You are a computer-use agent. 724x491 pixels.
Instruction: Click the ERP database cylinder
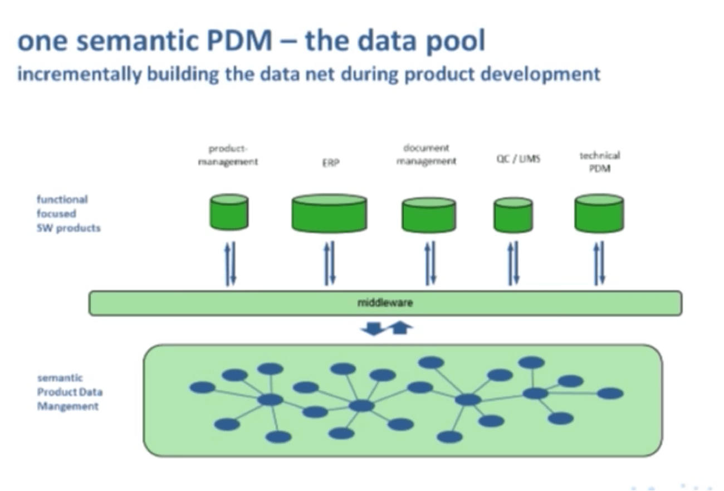coord(329,214)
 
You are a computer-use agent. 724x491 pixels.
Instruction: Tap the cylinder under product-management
coord(229,212)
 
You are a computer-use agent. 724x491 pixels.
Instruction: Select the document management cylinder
coord(429,215)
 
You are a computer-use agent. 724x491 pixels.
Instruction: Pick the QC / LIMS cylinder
coord(513,215)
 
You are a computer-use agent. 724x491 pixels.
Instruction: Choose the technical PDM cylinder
coord(599,214)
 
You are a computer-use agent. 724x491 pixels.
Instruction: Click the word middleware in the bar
coord(385,303)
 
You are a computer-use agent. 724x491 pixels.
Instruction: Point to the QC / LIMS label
coord(518,159)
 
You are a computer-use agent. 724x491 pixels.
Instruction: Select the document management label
coord(427,155)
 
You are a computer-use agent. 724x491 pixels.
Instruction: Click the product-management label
coord(228,155)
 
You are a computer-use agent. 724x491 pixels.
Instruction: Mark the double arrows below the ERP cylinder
coord(330,263)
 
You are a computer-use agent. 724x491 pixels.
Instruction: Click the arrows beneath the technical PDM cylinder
coord(599,263)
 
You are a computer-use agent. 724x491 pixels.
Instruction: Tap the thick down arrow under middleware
coord(372,330)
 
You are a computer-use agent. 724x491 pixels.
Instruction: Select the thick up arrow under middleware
coord(399,329)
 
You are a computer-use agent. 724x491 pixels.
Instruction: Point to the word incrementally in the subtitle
coord(79,74)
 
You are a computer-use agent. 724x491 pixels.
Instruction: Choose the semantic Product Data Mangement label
coord(70,392)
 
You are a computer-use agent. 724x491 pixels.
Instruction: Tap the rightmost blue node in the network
coord(610,394)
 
